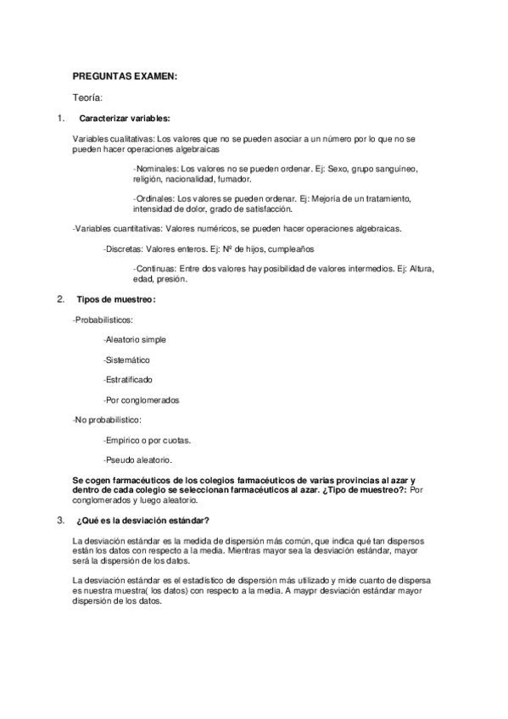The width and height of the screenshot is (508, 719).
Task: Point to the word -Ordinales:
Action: (154, 198)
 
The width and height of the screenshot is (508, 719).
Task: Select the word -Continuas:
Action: (155, 269)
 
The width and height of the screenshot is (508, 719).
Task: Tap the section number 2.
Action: (59, 299)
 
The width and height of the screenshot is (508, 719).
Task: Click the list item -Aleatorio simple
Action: (134, 339)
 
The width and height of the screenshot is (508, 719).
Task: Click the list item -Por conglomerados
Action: (141, 399)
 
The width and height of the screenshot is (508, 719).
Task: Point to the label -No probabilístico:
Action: (107, 420)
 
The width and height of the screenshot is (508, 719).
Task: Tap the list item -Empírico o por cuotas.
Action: (146, 440)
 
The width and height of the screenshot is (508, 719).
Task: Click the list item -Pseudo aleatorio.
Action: (137, 460)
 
